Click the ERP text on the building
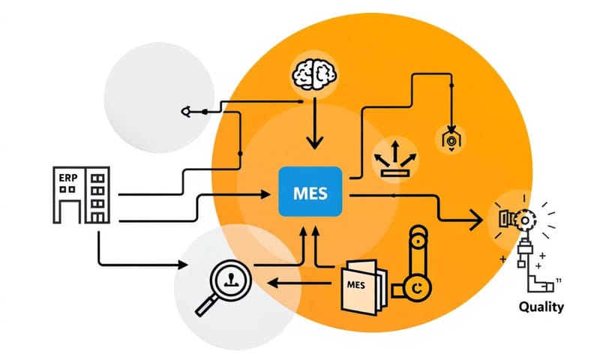point(67,178)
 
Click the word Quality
point(541,307)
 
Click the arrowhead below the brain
point(314,140)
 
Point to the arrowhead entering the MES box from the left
point(264,194)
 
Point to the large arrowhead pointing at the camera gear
point(474,218)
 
